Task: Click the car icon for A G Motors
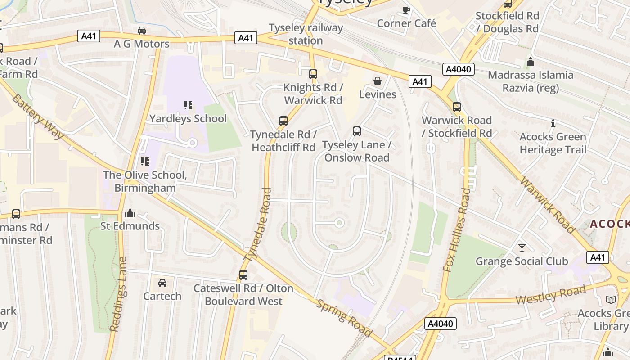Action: tap(141, 31)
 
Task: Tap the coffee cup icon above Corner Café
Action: tap(406, 10)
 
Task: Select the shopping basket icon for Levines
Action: tap(378, 81)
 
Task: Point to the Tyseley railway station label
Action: tap(306, 34)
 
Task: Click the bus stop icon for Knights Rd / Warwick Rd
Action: tap(313, 74)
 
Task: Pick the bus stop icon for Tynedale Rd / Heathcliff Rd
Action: tap(283, 121)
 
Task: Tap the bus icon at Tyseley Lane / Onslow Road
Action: tap(357, 131)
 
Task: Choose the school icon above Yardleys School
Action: tap(188, 105)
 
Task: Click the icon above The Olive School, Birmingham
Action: tap(144, 161)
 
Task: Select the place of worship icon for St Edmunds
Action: tap(130, 212)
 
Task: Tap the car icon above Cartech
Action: tap(162, 283)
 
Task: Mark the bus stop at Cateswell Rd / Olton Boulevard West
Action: tap(243, 274)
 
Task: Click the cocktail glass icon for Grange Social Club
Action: tap(522, 248)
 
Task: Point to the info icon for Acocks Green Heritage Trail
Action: tap(553, 123)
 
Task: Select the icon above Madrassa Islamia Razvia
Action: tap(531, 62)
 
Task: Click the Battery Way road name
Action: tap(38, 117)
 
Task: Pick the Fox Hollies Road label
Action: tap(456, 229)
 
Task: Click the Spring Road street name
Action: tap(344, 318)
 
